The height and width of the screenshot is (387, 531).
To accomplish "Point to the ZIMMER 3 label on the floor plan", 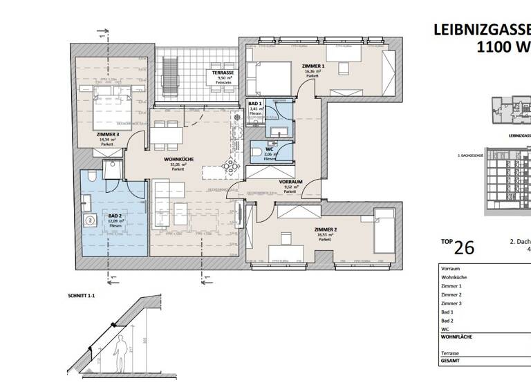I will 108,135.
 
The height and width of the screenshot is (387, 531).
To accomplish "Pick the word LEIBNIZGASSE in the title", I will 481,29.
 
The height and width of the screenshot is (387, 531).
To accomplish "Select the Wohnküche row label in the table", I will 454,276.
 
